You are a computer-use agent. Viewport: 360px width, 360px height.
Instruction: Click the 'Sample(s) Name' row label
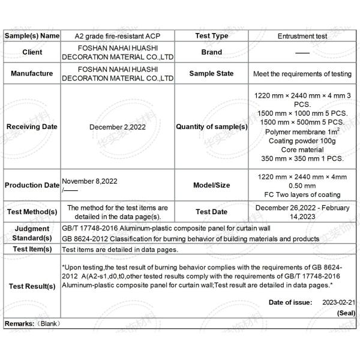(x=32, y=36)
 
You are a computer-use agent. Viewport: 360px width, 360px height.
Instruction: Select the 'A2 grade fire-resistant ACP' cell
(x=118, y=36)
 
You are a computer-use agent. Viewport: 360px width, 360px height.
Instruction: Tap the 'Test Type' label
(x=211, y=36)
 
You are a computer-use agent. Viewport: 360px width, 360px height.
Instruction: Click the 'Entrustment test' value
(x=302, y=36)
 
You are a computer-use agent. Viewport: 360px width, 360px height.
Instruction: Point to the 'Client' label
(x=32, y=52)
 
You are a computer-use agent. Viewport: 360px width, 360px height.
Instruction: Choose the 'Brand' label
(x=211, y=52)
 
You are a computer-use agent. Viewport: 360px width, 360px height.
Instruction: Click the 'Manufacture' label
(x=32, y=74)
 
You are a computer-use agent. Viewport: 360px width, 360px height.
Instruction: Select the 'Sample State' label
(x=211, y=74)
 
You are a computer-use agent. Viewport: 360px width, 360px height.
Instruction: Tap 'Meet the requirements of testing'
(x=302, y=74)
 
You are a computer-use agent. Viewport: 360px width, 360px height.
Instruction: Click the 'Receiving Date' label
(x=32, y=127)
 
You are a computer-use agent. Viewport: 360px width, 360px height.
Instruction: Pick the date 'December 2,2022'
(x=118, y=127)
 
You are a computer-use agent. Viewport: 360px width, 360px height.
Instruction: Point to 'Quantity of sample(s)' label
(x=211, y=127)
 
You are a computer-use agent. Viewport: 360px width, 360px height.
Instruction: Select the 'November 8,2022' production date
(x=89, y=181)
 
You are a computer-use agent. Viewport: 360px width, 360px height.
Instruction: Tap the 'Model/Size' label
(x=211, y=185)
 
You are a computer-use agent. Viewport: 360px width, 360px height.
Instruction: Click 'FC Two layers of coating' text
(x=302, y=194)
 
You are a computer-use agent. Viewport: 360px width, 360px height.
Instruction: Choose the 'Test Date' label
(x=211, y=212)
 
